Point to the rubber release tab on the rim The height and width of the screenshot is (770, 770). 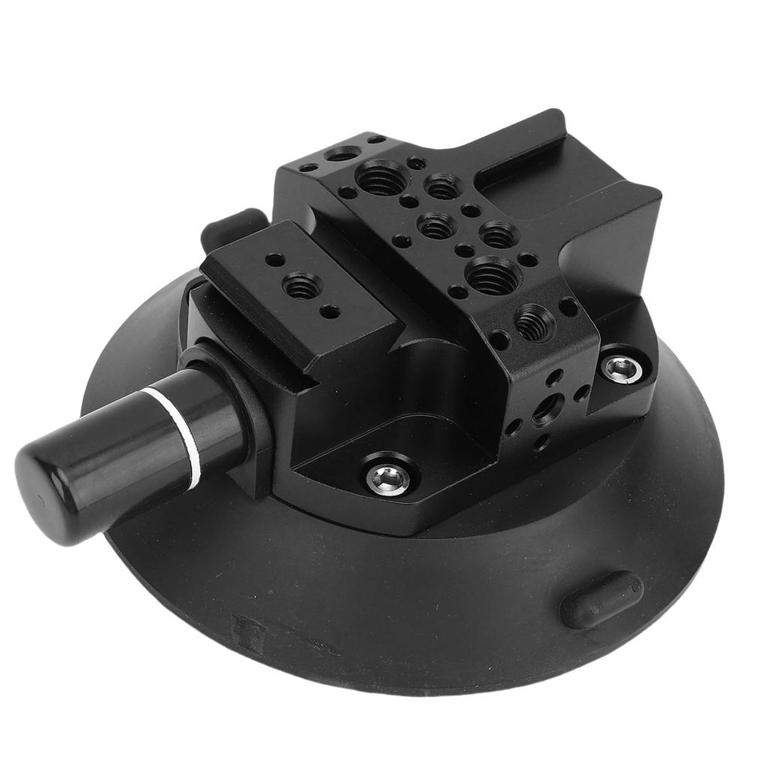pos(601,599)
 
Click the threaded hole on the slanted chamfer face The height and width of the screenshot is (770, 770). pos(535,322)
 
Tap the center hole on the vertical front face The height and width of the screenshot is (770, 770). pos(546,409)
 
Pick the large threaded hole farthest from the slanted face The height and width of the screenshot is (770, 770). pos(383,178)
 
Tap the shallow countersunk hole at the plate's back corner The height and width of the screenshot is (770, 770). pos(342,154)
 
